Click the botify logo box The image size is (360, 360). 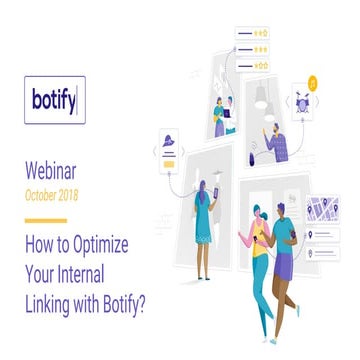point(54,100)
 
